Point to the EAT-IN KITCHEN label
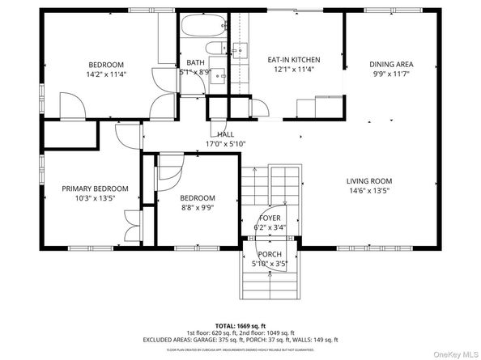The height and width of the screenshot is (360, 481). pos(294,60)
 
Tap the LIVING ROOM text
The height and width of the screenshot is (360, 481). pos(369,181)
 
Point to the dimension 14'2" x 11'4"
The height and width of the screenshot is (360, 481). pos(106,74)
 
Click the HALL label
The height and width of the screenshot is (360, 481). pos(225,134)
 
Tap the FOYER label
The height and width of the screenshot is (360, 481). pos(270,218)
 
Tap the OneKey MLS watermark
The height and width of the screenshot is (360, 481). pos(449,351)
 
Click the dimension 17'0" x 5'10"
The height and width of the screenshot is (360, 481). pos(226,144)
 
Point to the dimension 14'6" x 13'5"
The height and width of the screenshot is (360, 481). pos(369,191)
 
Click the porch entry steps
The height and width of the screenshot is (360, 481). pos(270,283)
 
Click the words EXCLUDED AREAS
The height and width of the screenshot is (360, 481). pos(172,340)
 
